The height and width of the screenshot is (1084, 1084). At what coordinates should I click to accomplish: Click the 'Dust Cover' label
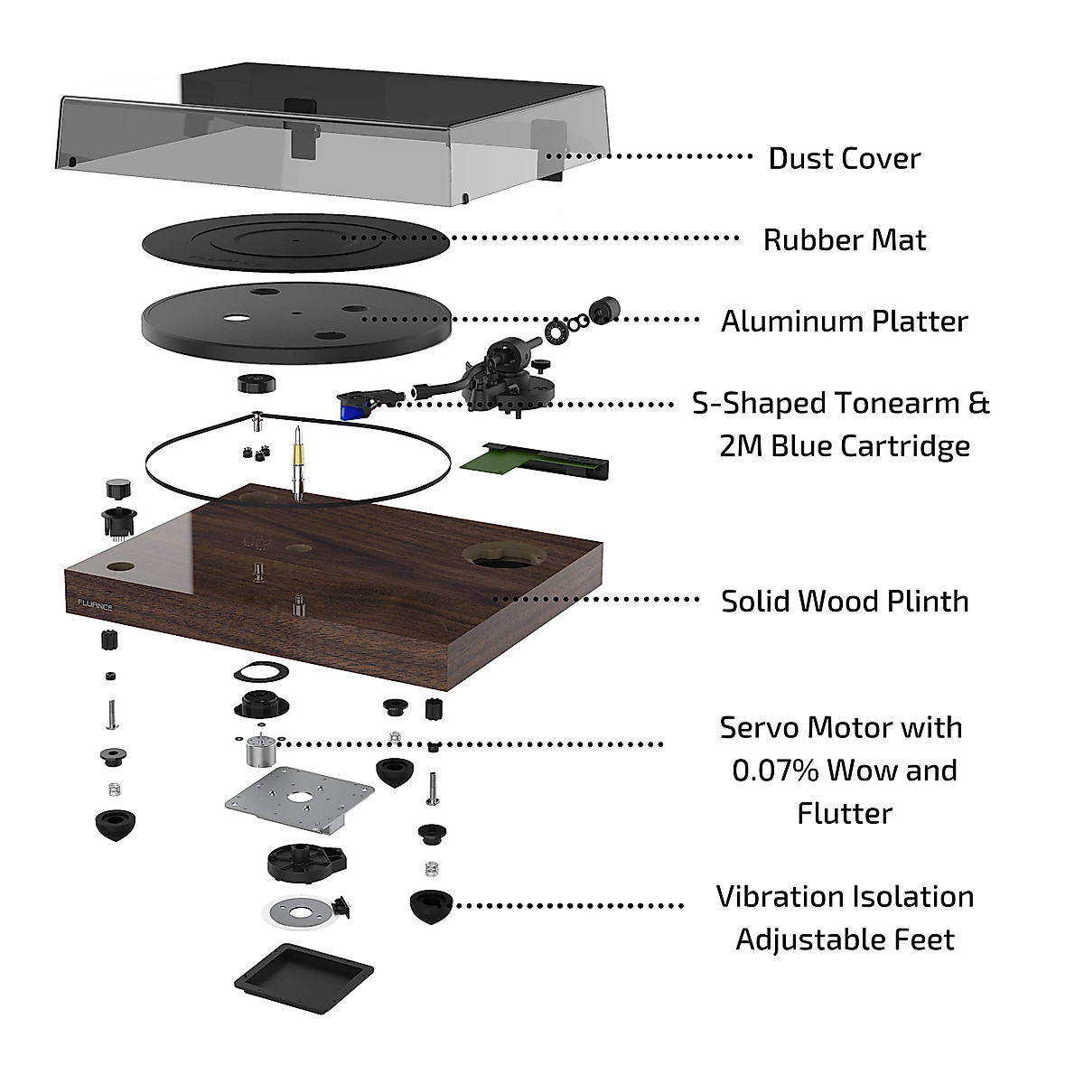(x=844, y=158)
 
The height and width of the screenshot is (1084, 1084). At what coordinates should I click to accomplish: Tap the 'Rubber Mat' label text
(x=844, y=239)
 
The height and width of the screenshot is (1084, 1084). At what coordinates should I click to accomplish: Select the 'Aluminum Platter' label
(x=844, y=321)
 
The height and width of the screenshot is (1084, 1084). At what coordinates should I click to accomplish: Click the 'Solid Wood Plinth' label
(x=844, y=601)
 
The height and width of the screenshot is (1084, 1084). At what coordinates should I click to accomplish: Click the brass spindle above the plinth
(x=295, y=460)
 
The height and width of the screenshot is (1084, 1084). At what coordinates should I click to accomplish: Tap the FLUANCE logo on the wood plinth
(x=95, y=607)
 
